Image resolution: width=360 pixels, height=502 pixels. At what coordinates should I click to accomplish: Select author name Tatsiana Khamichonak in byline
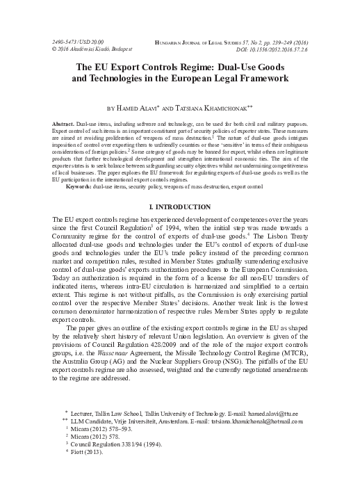coord(215,109)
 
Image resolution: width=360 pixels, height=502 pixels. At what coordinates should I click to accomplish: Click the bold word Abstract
coord(63,123)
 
